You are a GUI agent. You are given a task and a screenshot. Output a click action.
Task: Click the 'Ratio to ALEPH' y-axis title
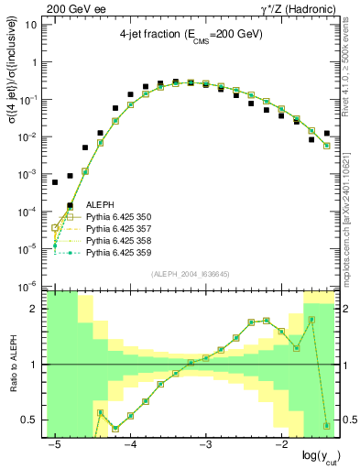click(11, 364)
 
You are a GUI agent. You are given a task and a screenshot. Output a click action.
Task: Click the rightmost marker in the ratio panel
click(327, 426)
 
